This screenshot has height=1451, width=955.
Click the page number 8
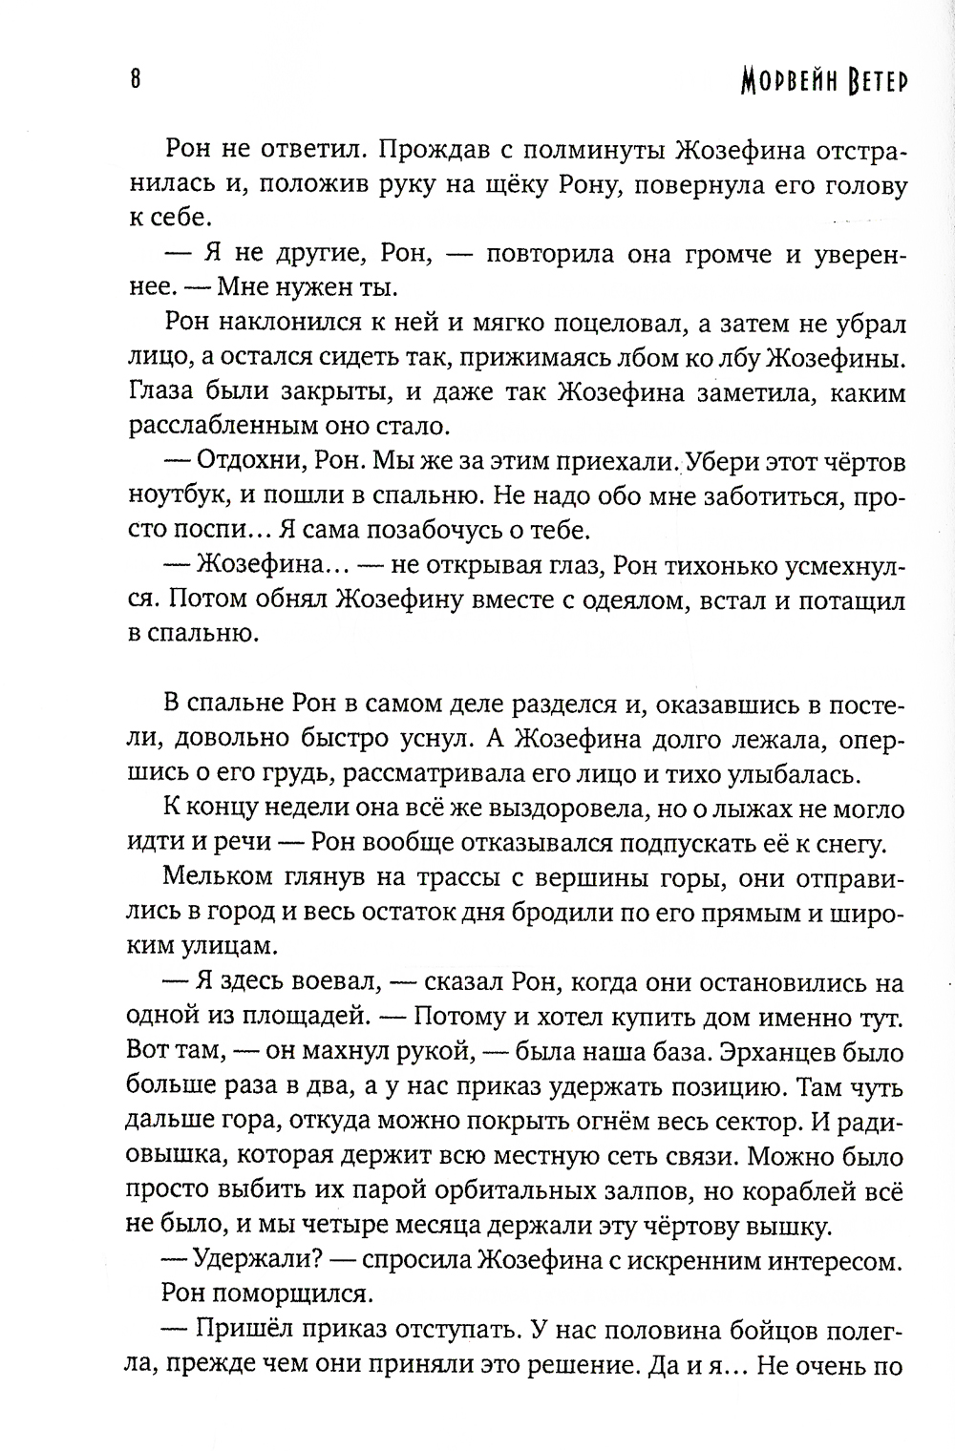(135, 79)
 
